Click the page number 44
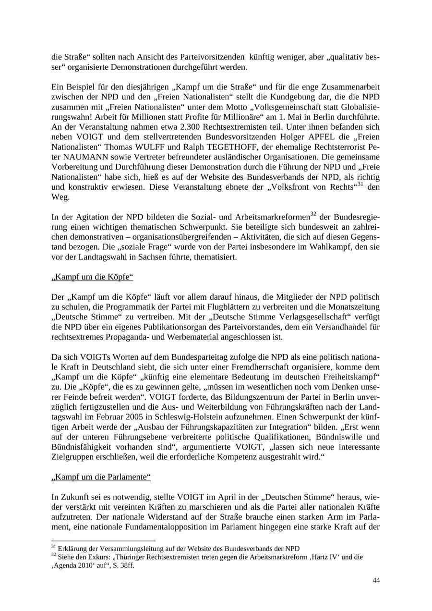[x=376, y=580]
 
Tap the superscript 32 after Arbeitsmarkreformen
[x=313, y=214]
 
